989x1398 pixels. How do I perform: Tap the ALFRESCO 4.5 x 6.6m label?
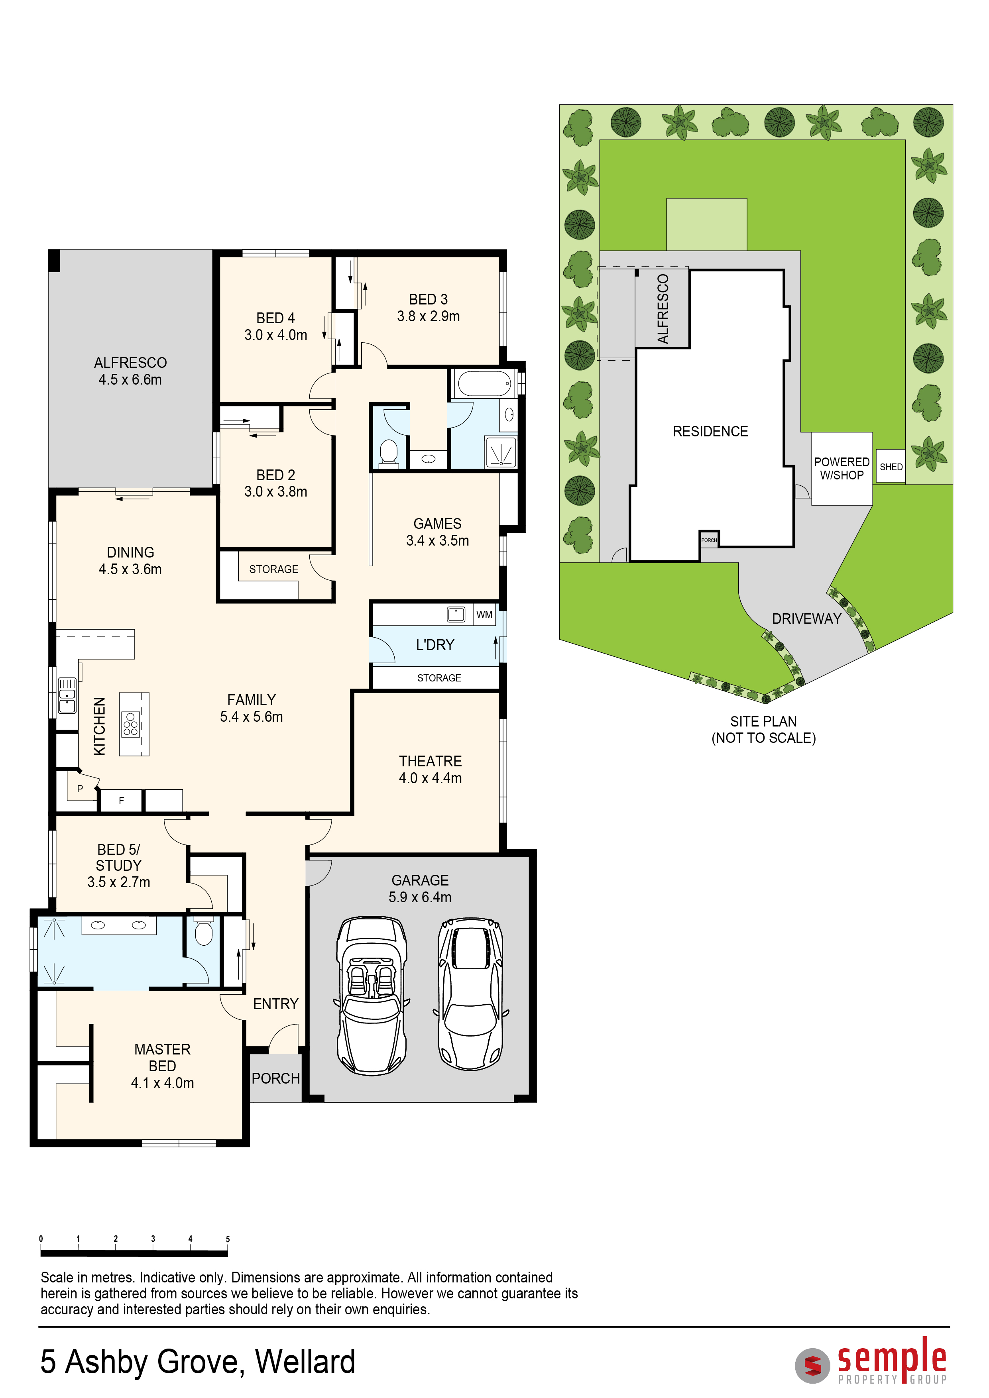pos(130,371)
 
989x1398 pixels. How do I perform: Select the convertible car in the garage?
pos(372,994)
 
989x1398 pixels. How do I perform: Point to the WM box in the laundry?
pos(484,615)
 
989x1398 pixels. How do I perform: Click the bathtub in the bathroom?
pos(484,384)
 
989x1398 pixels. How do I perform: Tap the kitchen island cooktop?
pos(130,724)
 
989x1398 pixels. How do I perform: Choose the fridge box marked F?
pos(121,801)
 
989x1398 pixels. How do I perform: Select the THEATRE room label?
pos(430,762)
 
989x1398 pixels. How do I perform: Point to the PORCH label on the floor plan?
pos(275,1078)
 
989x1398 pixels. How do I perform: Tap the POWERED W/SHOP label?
pos(842,469)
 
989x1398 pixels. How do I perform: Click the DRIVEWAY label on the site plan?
pos(806,618)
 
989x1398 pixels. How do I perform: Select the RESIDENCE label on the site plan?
pos(710,432)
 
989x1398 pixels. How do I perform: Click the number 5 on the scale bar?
pos(228,1239)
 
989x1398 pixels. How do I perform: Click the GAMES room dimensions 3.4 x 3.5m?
pos(437,541)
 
